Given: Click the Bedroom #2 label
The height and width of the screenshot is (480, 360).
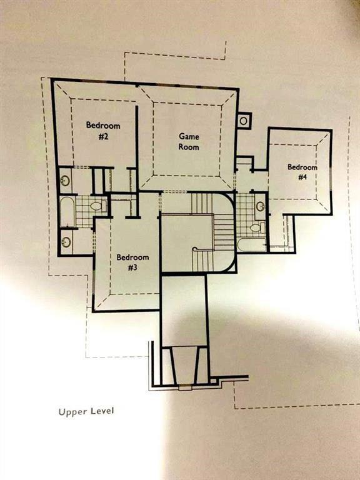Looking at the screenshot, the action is pyautogui.click(x=103, y=131).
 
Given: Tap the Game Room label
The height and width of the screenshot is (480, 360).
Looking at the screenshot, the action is pyautogui.click(x=189, y=141).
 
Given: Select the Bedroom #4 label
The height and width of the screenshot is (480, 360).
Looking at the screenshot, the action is pyautogui.click(x=302, y=172).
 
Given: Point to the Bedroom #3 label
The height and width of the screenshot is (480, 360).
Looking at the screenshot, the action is pyautogui.click(x=132, y=262).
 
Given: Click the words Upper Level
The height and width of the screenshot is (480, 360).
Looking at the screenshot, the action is pyautogui.click(x=86, y=411).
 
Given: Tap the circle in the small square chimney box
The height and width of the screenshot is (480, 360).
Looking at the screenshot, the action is pyautogui.click(x=243, y=121).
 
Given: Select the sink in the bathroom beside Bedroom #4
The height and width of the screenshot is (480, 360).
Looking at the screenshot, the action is pyautogui.click(x=260, y=206).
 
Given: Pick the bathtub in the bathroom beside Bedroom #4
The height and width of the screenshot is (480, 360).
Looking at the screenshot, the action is pyautogui.click(x=252, y=245).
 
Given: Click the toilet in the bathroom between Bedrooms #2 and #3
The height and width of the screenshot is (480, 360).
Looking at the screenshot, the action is pyautogui.click(x=97, y=206).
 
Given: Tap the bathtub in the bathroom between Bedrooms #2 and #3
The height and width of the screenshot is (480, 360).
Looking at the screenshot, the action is pyautogui.click(x=67, y=212).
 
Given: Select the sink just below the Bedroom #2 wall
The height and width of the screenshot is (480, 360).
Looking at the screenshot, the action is pyautogui.click(x=64, y=180).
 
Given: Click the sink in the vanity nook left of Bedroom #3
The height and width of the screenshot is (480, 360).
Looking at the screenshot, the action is pyautogui.click(x=66, y=242).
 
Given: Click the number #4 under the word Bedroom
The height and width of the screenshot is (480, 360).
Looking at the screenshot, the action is pyautogui.click(x=302, y=177).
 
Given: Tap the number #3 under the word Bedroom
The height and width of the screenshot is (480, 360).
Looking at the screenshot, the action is pyautogui.click(x=132, y=268).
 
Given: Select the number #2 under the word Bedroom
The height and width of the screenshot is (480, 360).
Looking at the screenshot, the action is pyautogui.click(x=104, y=136).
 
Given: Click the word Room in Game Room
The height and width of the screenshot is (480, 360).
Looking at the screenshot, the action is pyautogui.click(x=189, y=147).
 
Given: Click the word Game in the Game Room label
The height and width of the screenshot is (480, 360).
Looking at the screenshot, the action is pyautogui.click(x=189, y=136).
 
